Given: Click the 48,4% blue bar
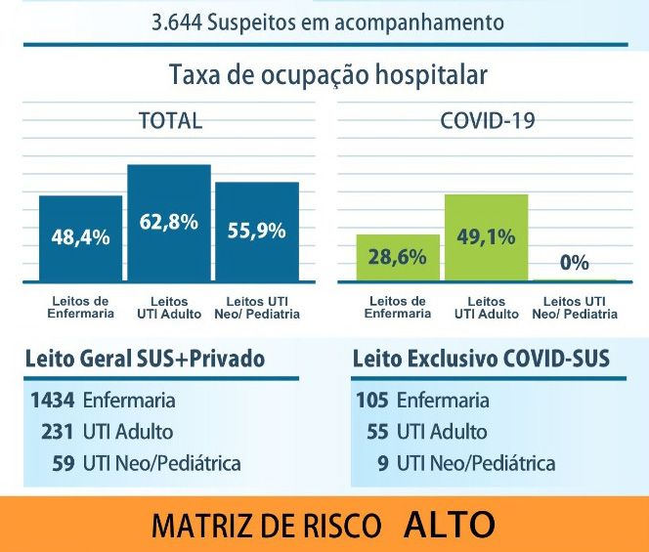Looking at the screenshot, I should (81, 238).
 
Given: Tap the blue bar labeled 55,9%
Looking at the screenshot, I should (257, 232).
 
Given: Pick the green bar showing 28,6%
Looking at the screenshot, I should (397, 258).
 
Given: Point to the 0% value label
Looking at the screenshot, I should (575, 263).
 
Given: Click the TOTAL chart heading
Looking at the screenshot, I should (170, 121).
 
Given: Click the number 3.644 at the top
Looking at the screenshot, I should (176, 21).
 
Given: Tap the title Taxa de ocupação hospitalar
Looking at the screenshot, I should (327, 75).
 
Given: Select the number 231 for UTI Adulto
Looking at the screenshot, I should (58, 431).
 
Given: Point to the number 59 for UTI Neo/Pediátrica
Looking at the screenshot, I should (64, 462).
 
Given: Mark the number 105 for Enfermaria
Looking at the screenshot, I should (372, 400).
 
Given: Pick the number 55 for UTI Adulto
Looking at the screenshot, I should (376, 431).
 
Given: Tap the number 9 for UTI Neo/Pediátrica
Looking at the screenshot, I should (382, 462).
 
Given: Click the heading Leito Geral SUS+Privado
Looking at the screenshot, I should (145, 360).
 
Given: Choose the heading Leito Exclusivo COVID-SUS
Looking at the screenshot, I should (481, 360).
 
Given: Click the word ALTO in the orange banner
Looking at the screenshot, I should (450, 525).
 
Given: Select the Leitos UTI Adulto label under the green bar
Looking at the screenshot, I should (486, 308).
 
